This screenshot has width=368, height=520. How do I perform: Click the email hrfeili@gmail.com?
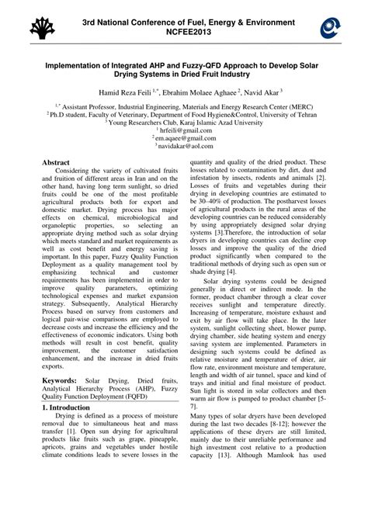(x=185, y=131)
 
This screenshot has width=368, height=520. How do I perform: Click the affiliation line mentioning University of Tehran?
(x=183, y=113)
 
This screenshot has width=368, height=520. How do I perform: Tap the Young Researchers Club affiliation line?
(x=184, y=122)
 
